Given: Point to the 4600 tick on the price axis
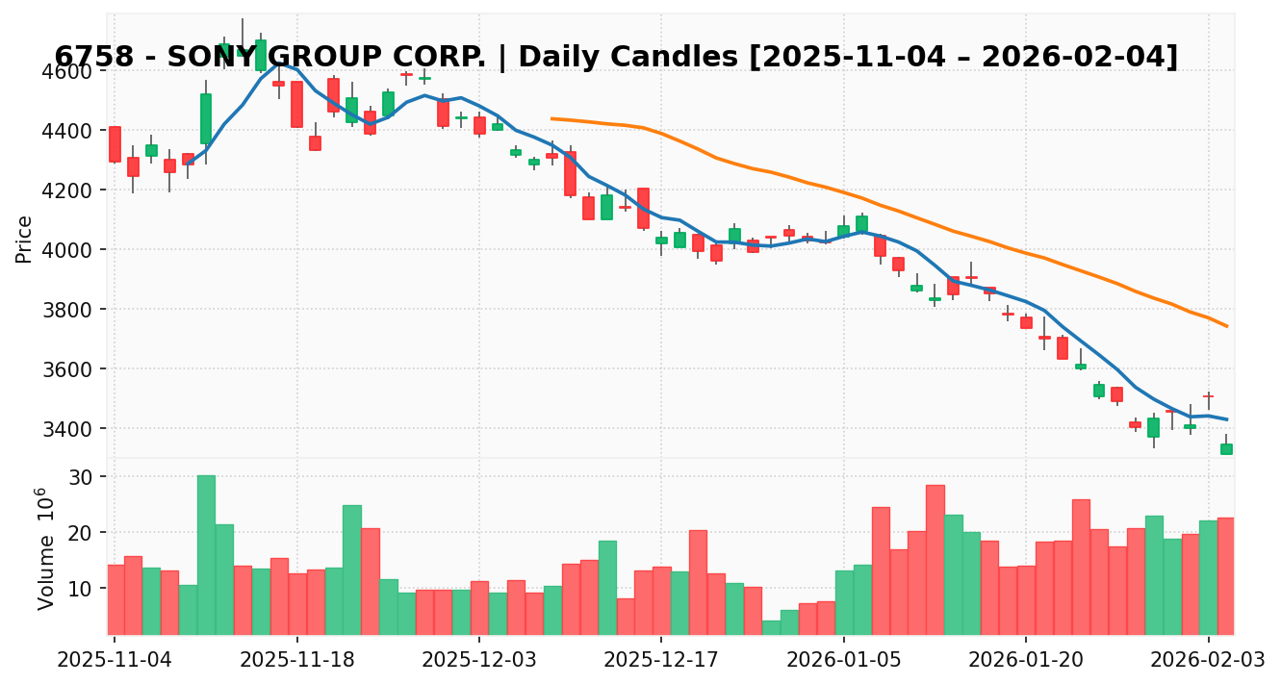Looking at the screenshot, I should click(66, 71).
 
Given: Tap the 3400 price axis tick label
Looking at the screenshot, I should click(66, 428).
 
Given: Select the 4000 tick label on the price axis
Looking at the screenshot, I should click(66, 250).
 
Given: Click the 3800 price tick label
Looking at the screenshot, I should click(66, 310).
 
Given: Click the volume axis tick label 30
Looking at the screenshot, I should click(79, 477).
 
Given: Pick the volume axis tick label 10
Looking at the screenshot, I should click(79, 588).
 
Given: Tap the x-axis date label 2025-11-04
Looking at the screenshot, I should click(115, 660).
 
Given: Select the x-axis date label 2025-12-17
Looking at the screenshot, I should click(661, 660).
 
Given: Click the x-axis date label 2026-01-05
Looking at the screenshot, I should click(843, 660).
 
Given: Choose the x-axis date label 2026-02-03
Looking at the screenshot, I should click(1208, 660).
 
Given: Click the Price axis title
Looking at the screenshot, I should click(25, 239).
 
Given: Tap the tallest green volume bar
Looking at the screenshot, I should click(206, 554).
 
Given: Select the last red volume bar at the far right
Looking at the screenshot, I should click(1226, 575).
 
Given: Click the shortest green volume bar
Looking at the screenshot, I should click(771, 627).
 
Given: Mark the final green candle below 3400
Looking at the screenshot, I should click(1226, 449).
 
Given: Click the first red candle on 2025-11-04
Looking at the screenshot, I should click(115, 144).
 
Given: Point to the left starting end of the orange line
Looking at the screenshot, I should click(551, 118).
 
